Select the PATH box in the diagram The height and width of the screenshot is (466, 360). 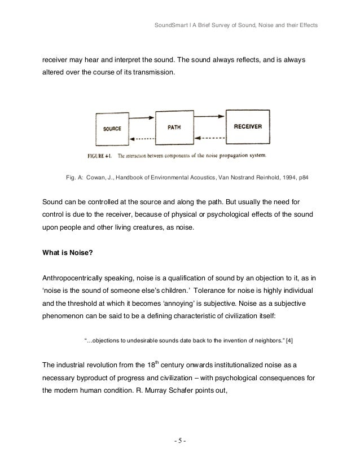[174, 128]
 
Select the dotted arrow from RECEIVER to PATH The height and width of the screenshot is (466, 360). [209, 136]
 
